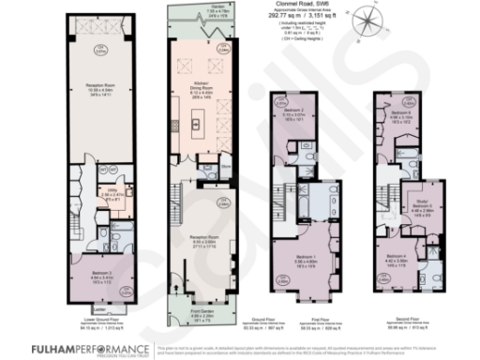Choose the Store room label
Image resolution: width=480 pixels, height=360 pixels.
tap(227, 169)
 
